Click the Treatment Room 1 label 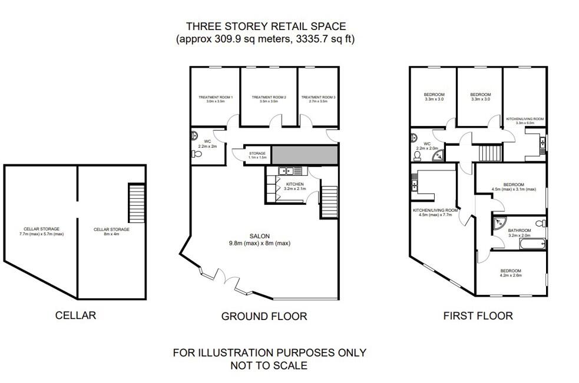pos(216,99)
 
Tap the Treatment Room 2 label pos(269,99)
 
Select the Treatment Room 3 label pos(318,99)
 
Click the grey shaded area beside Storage pos(304,155)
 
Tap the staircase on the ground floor pos(329,202)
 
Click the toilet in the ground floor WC pos(197,154)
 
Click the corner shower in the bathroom pos(499,223)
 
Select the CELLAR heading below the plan pos(75,315)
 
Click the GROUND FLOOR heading pos(264,317)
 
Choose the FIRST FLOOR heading pos(478,315)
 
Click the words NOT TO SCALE pos(269,365)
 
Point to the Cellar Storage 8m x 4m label pos(111,231)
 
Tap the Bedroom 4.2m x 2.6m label pos(510,273)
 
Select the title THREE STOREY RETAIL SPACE pos(266,26)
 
